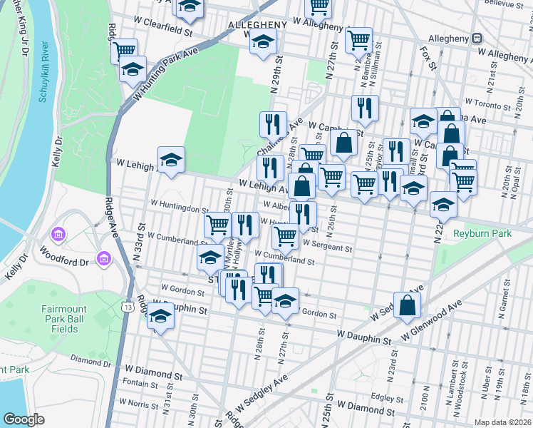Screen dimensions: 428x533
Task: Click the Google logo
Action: [x=24, y=419]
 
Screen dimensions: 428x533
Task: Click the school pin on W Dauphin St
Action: [x=161, y=316]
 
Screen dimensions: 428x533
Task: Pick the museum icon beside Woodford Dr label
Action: [x=103, y=257]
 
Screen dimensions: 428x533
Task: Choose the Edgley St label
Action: [x=388, y=398]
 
